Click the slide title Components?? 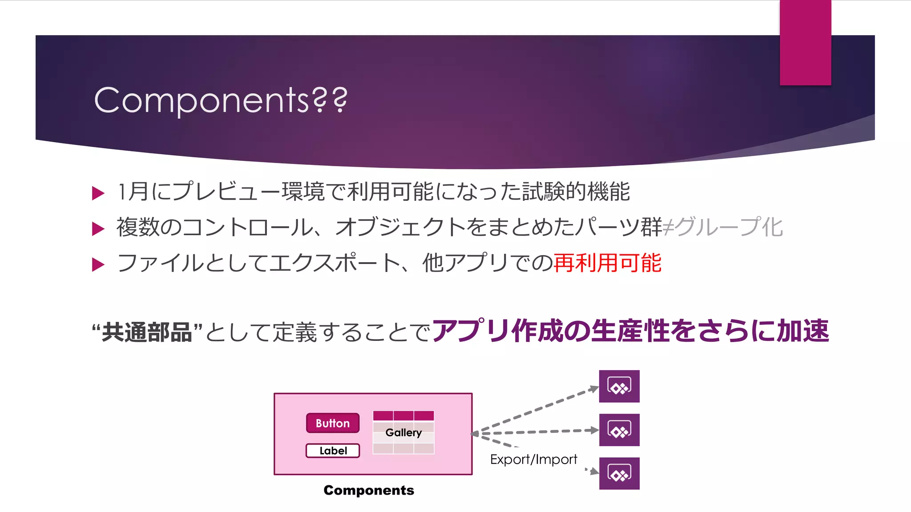pyautogui.click(x=221, y=100)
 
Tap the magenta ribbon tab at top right pyautogui.click(x=805, y=43)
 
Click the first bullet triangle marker pyautogui.click(x=98, y=193)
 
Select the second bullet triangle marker pyautogui.click(x=98, y=229)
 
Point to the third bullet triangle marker pyautogui.click(x=98, y=264)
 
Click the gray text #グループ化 pyautogui.click(x=723, y=227)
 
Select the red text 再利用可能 pyautogui.click(x=608, y=263)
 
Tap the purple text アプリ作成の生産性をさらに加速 pyautogui.click(x=630, y=331)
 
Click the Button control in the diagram pyautogui.click(x=333, y=423)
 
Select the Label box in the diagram pyautogui.click(x=333, y=451)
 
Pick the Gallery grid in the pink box pyautogui.click(x=403, y=432)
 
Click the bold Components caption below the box pyautogui.click(x=369, y=490)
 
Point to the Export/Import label pyautogui.click(x=533, y=460)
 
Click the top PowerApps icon pyautogui.click(x=619, y=386)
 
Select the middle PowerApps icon pyautogui.click(x=619, y=430)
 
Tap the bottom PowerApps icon pyautogui.click(x=619, y=473)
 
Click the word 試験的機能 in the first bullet pyautogui.click(x=576, y=192)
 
